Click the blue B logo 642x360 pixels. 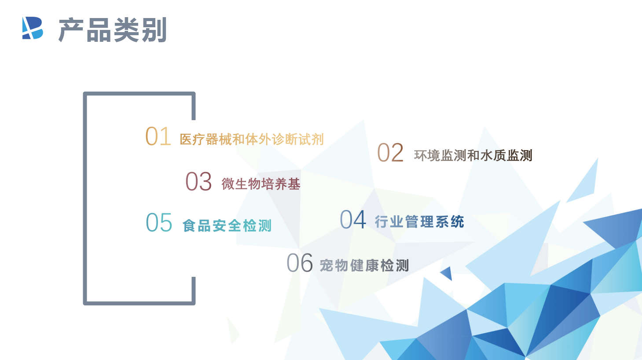click(33, 28)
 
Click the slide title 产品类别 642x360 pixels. click(113, 30)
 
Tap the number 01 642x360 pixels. click(158, 136)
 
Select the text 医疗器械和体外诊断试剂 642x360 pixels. click(252, 140)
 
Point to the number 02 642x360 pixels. click(390, 152)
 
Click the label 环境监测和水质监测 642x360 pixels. click(473, 155)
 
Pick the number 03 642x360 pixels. click(198, 181)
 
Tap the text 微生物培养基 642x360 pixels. click(261, 184)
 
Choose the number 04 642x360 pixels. click(353, 219)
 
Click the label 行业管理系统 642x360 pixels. click(419, 221)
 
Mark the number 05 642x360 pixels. click(159, 222)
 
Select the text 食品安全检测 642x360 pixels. click(227, 226)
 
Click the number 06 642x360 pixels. click(300, 263)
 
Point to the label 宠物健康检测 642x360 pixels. click(364, 265)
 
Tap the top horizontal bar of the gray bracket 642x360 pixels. click(139, 94)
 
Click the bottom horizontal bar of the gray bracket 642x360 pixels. click(139, 303)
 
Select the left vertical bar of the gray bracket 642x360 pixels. click(85, 198)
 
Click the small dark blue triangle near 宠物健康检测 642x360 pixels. click(448, 273)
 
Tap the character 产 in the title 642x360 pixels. click(71, 30)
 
